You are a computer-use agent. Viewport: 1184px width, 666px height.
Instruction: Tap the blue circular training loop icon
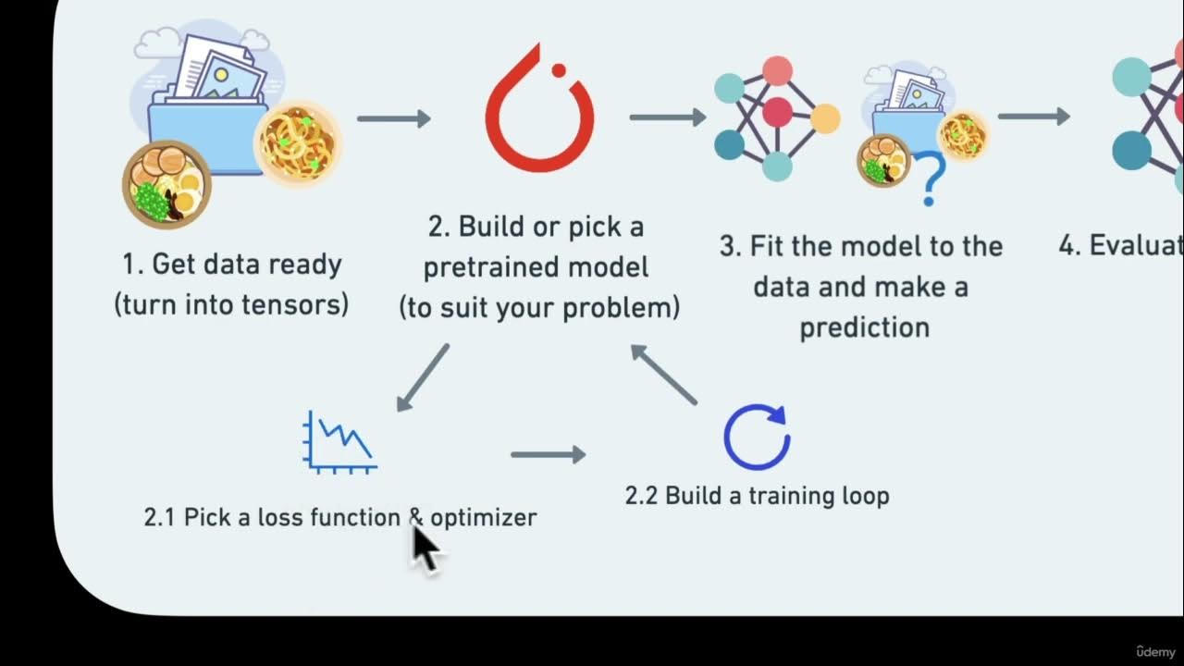pos(757,437)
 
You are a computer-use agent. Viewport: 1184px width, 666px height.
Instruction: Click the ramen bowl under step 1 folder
pos(166,184)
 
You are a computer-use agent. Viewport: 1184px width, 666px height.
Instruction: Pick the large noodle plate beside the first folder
pos(298,142)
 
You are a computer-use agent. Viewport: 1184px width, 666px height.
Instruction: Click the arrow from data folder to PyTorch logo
pos(393,118)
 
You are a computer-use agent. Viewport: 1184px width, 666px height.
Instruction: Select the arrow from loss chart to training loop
pos(548,454)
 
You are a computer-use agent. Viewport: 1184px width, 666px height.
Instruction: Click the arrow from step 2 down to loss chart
pos(423,377)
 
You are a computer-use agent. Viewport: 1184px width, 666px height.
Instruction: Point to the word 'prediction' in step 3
pos(864,327)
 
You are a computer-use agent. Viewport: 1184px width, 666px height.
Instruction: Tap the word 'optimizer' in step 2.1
pos(483,517)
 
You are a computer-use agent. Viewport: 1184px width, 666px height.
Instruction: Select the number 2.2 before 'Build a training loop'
pos(640,496)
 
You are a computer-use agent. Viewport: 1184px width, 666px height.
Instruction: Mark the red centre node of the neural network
pos(777,112)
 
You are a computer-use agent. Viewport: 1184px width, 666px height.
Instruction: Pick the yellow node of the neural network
pos(825,117)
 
